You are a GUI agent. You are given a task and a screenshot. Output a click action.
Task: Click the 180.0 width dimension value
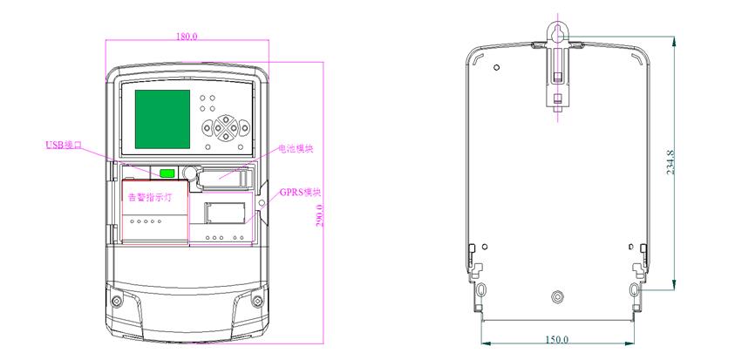187,36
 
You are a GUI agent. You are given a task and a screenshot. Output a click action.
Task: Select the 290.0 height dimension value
320,216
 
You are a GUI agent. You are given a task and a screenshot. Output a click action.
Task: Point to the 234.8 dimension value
670,163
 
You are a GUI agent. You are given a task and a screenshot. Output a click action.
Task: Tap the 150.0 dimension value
557,339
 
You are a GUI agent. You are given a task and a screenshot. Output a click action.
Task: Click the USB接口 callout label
64,145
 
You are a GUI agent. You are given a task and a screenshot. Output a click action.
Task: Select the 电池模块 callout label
296,150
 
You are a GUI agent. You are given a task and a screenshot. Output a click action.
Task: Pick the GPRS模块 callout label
301,192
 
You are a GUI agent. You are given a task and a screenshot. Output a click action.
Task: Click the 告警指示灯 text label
150,198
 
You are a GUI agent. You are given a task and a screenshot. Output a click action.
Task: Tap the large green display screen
163,119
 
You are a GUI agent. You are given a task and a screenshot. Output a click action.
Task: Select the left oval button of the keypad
208,127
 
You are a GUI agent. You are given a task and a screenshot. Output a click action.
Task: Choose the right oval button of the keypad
244,127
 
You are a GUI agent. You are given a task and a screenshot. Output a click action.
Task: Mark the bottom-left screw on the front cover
116,301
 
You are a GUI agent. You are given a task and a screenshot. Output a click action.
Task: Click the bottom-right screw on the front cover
257,301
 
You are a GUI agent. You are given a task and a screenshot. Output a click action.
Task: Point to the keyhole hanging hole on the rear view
557,33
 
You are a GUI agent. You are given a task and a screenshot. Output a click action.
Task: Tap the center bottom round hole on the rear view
557,295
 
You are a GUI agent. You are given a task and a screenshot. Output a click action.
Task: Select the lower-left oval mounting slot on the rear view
480,289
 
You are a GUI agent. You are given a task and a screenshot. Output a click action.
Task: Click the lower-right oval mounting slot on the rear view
635,289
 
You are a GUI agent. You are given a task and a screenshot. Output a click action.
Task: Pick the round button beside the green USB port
190,173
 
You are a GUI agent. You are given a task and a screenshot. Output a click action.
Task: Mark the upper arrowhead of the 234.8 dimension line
674,41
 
